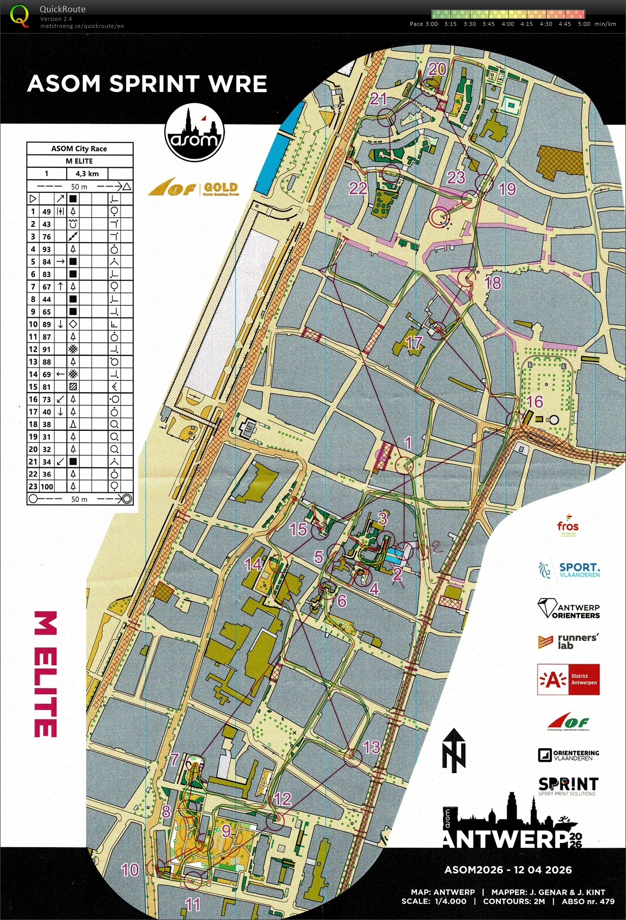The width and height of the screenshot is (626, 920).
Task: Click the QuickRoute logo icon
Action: coord(20,15)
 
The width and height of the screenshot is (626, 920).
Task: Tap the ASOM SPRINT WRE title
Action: coord(147,84)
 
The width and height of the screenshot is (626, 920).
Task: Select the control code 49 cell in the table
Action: coord(47,212)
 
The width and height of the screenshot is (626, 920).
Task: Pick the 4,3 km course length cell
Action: coord(87,173)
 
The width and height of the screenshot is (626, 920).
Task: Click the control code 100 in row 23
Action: coord(47,487)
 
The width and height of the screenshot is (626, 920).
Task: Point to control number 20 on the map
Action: coord(437,69)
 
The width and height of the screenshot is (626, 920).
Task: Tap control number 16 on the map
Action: coord(534,402)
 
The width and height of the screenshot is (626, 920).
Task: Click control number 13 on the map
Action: coord(372,747)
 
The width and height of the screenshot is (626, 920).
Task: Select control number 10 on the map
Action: coord(130,869)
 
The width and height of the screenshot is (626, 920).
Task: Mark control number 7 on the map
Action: coord(174,759)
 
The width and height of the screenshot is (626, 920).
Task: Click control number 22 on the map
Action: coord(357,188)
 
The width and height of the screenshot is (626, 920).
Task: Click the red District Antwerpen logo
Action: coord(569,679)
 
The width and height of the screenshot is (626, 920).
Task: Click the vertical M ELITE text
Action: coord(45,674)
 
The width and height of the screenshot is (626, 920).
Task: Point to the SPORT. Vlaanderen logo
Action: coord(570,570)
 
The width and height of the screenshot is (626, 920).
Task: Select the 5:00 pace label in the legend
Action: coord(584,24)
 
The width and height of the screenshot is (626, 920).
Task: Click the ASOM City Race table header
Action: coord(79,149)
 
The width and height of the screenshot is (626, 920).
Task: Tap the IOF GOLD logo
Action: coord(193,189)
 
